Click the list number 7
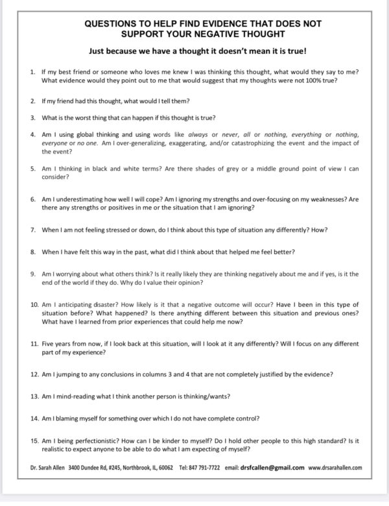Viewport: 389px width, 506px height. (x=33, y=230)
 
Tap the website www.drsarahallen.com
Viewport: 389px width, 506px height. (x=335, y=467)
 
